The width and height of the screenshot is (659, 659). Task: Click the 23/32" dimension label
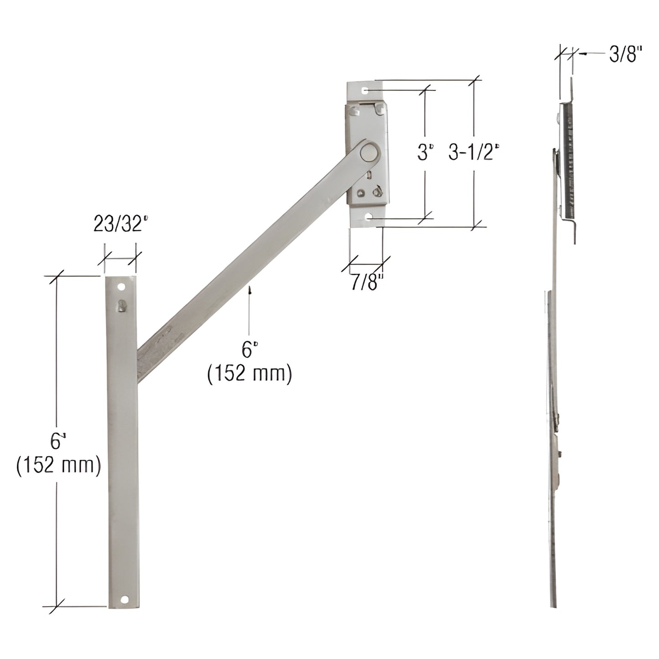(x=121, y=225)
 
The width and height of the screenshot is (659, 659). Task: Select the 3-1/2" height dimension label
(x=471, y=153)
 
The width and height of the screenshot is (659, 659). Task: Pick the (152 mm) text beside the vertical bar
(x=58, y=466)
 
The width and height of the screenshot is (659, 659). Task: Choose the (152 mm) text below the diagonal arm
(x=249, y=374)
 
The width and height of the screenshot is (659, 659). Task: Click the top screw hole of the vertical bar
(x=121, y=287)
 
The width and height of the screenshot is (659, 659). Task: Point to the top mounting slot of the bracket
(x=365, y=91)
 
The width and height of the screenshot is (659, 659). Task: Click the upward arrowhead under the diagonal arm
(x=249, y=290)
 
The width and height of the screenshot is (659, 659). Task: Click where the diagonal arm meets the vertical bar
(x=139, y=360)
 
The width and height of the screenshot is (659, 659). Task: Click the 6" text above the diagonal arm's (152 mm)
(x=247, y=350)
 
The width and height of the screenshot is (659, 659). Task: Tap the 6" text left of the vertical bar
(x=56, y=442)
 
